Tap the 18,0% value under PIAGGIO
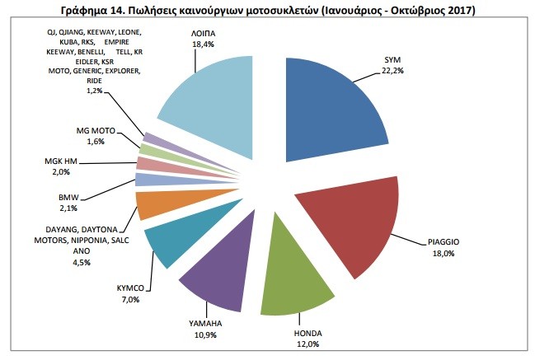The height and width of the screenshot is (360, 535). point(443,253)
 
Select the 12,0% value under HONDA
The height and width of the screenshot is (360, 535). point(307,344)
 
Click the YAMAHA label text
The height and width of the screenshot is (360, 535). point(205,323)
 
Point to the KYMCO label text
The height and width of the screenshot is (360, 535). point(130,288)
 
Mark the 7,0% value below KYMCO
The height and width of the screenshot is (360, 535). point(130,300)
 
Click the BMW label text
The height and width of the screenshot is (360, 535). point(68,197)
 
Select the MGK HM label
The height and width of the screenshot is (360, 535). point(61,161)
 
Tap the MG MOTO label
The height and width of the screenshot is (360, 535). point(96,130)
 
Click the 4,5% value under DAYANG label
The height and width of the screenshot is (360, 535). point(82,263)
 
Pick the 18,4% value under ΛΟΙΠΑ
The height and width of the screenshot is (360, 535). point(203,44)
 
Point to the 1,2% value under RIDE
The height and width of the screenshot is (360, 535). point(94,91)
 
